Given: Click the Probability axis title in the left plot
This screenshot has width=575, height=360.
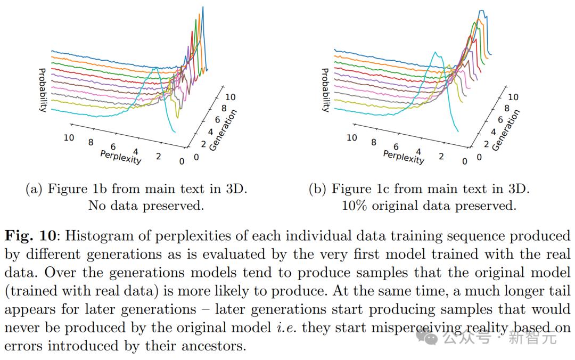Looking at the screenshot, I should click(43, 90).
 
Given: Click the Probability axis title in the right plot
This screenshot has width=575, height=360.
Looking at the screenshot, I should click(325, 90).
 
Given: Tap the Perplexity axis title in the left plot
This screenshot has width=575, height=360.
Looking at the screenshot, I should click(121, 156).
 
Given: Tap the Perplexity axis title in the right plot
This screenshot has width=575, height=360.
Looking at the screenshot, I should click(404, 156).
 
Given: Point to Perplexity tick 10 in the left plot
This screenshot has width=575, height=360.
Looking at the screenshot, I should click(69, 137).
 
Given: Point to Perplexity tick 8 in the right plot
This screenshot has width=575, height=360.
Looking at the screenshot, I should click(374, 143).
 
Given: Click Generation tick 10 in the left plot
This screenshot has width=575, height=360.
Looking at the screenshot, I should click(230, 97).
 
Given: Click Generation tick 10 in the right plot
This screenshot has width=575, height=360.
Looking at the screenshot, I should click(513, 97).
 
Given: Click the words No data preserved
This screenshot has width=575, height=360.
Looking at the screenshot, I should click(146, 206).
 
